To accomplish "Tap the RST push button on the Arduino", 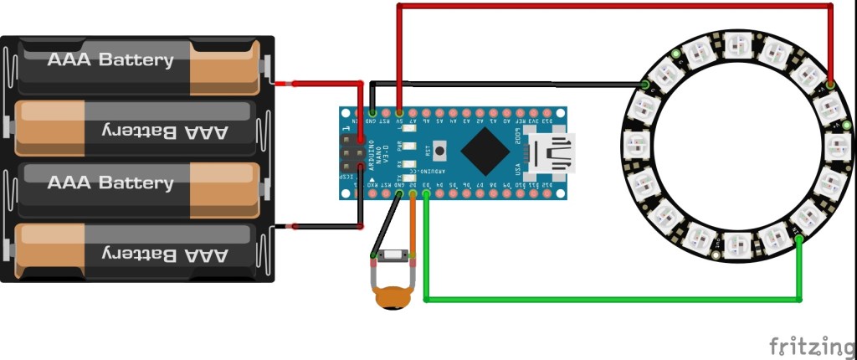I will click(x=440, y=152).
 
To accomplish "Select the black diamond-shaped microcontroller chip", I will click(x=485, y=152).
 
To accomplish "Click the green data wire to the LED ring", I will click(x=611, y=298).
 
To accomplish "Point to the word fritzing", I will click(x=807, y=344).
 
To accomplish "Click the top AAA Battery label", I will click(x=110, y=60).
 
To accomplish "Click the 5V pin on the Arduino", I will click(x=400, y=112).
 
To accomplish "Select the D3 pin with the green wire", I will click(x=426, y=194).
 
